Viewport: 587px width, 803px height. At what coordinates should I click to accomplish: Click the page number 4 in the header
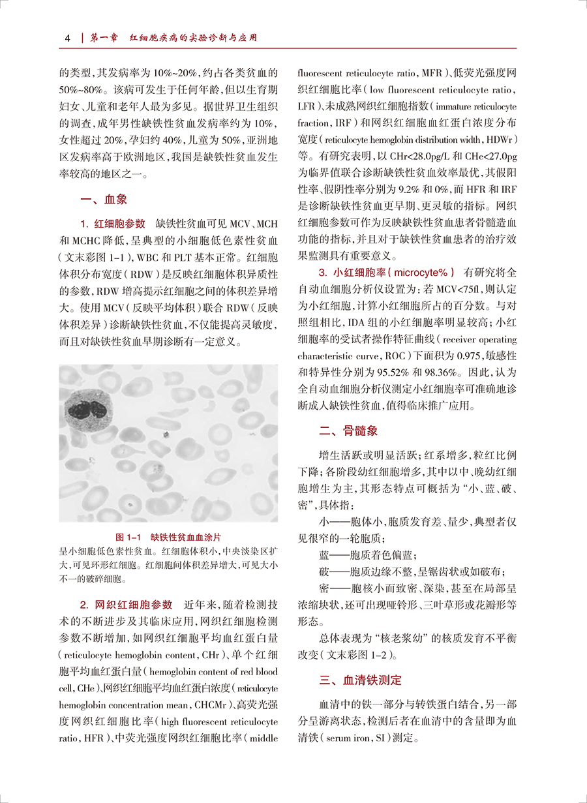[x=68, y=38]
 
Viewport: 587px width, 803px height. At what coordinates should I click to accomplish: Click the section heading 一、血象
[x=103, y=200]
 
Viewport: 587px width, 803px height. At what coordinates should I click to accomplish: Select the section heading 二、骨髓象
[x=348, y=431]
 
